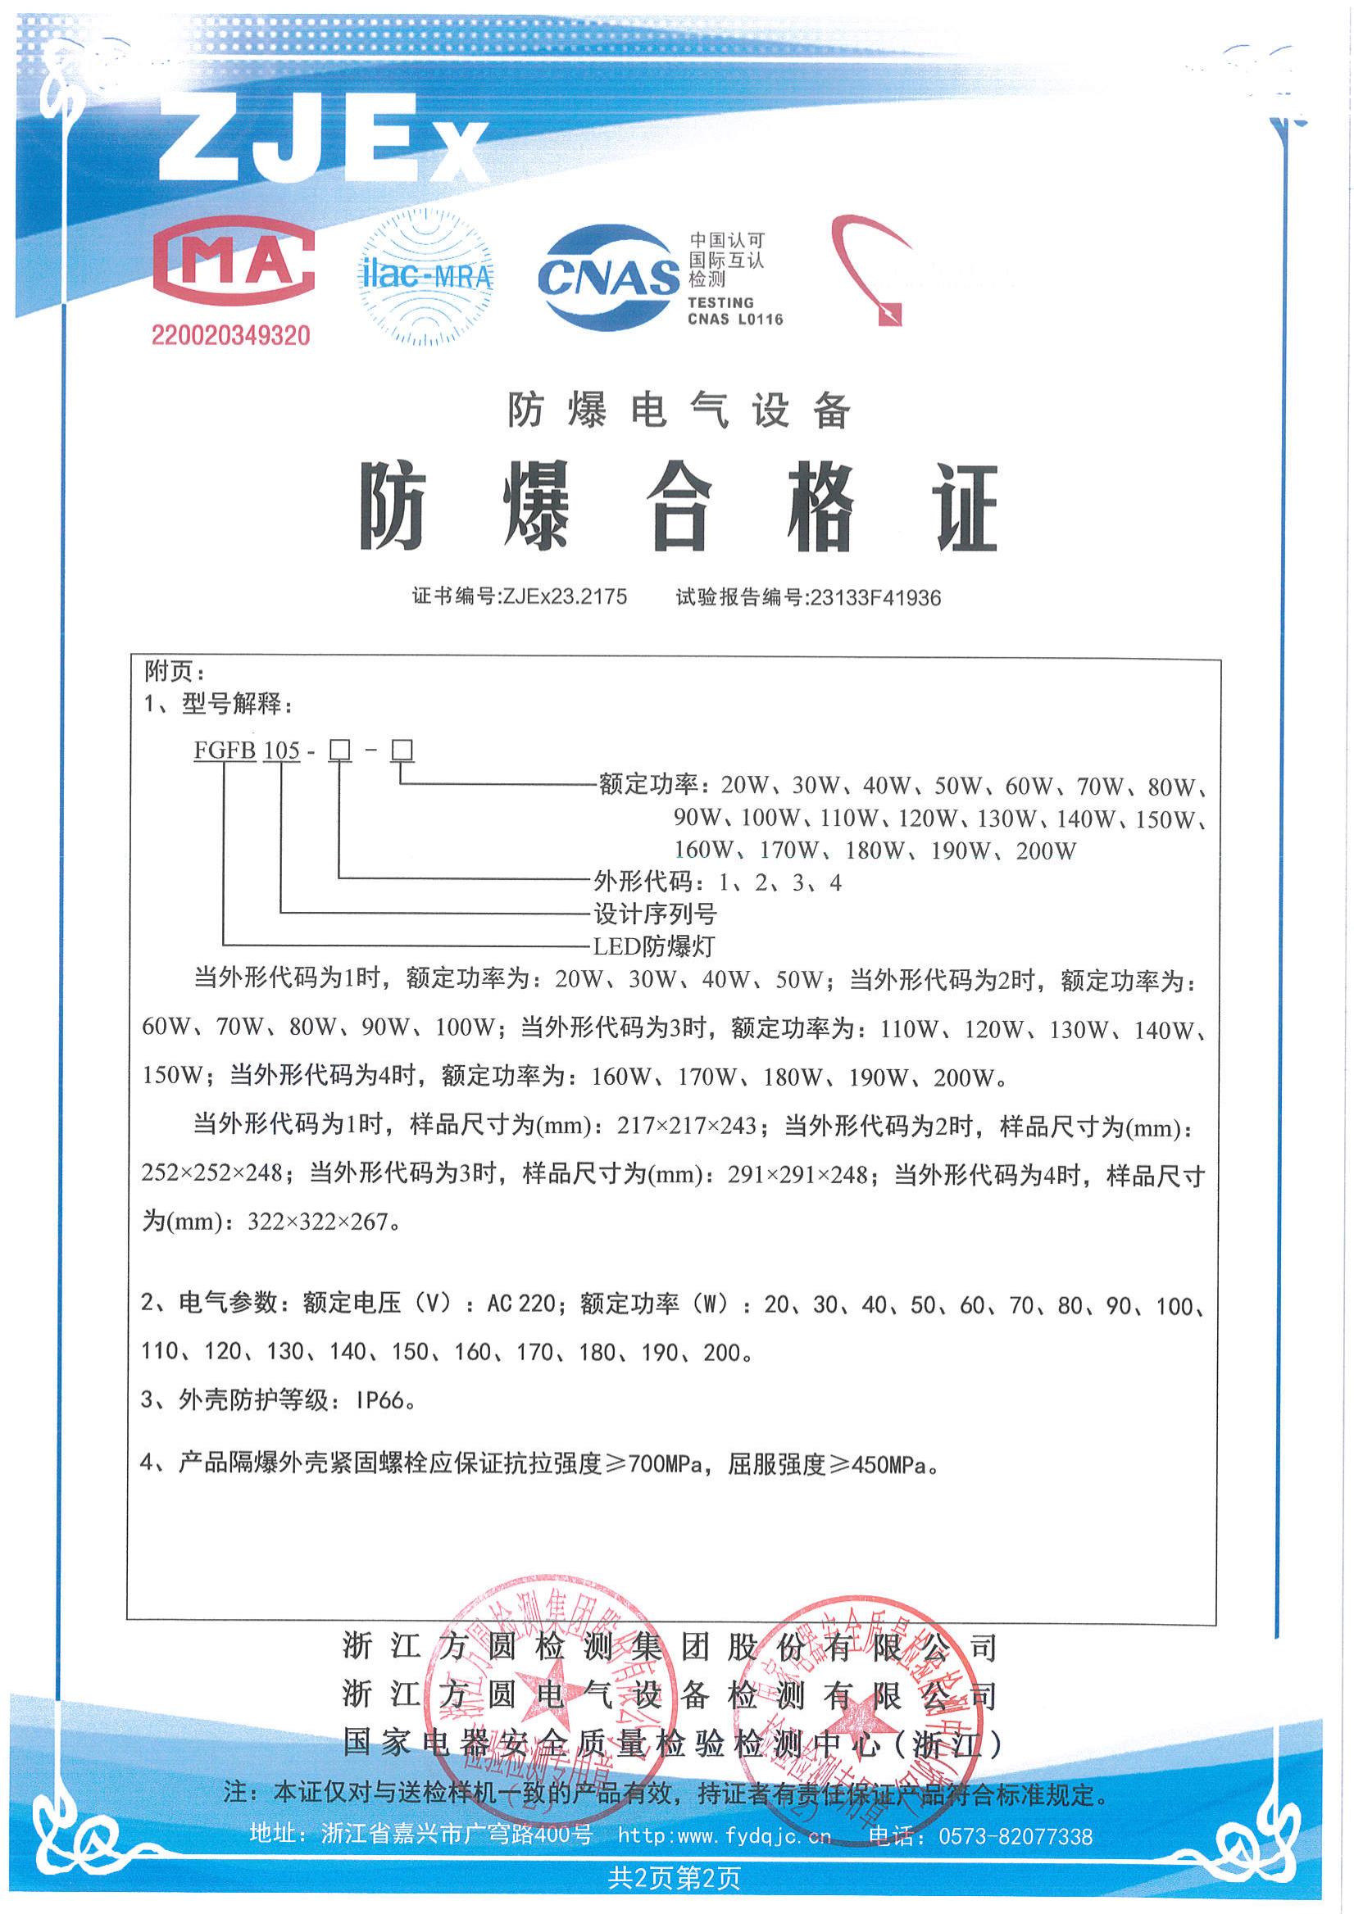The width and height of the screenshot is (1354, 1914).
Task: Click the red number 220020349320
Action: click(x=230, y=336)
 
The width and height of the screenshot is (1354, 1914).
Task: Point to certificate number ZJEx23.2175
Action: click(x=565, y=596)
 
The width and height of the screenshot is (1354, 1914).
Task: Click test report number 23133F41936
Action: click(x=875, y=597)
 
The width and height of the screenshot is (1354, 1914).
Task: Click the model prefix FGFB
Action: click(x=225, y=751)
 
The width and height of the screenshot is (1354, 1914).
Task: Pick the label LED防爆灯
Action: click(x=654, y=946)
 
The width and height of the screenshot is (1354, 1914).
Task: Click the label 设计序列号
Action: click(x=655, y=914)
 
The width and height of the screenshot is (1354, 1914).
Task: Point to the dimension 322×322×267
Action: click(x=319, y=1222)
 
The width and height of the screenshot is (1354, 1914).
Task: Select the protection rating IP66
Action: click(x=381, y=1399)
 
